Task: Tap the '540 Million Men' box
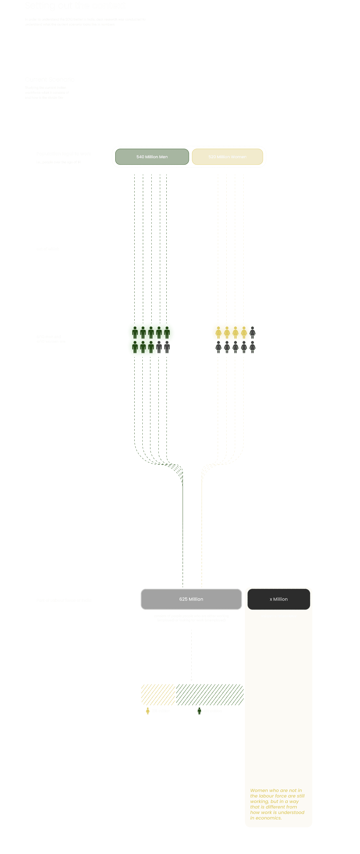152,157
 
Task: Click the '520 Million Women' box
227,157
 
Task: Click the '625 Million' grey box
191,599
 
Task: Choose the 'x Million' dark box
278,599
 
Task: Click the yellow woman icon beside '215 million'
148,711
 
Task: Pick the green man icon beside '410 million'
199,711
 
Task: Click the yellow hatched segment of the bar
158,695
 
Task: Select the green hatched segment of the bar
209,695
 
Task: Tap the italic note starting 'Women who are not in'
277,804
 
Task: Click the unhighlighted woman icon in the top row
252,332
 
